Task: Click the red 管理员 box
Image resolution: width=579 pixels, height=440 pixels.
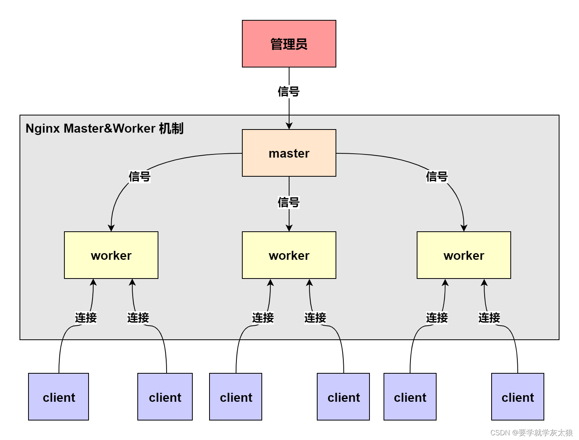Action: pyautogui.click(x=289, y=44)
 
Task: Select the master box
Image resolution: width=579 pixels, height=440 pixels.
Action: pyautogui.click(x=289, y=153)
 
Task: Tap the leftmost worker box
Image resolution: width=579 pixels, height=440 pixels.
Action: pyautogui.click(x=111, y=255)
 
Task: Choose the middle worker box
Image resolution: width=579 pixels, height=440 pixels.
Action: pyautogui.click(x=289, y=255)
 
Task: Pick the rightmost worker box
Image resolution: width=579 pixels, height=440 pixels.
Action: pyautogui.click(x=464, y=255)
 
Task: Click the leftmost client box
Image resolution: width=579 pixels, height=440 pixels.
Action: pyautogui.click(x=59, y=397)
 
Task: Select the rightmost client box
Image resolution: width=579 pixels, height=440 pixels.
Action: pyautogui.click(x=517, y=397)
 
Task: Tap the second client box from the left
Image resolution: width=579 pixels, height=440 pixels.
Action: pyautogui.click(x=165, y=397)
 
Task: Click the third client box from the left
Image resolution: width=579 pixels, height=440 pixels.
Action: pyautogui.click(x=236, y=397)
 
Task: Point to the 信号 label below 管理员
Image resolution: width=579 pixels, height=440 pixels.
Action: pyautogui.click(x=289, y=92)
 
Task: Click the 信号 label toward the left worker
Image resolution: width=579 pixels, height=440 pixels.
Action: pyautogui.click(x=140, y=177)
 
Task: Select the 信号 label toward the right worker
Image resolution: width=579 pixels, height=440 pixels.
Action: pyautogui.click(x=437, y=177)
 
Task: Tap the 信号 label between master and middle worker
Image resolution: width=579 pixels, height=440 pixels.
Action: pyautogui.click(x=289, y=202)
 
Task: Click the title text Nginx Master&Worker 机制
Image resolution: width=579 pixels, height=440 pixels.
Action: pyautogui.click(x=104, y=128)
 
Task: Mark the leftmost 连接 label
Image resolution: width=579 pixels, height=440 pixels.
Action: pyautogui.click(x=86, y=318)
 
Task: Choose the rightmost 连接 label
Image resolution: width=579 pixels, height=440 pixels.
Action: pyautogui.click(x=489, y=318)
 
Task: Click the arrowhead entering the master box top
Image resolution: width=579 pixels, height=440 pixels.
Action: pyautogui.click(x=289, y=126)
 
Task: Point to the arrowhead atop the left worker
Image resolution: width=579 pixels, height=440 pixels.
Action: pyautogui.click(x=111, y=228)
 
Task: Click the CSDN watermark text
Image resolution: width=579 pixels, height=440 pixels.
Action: pyautogui.click(x=531, y=433)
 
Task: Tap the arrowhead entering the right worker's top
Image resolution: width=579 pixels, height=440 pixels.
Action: pyautogui.click(x=464, y=228)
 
